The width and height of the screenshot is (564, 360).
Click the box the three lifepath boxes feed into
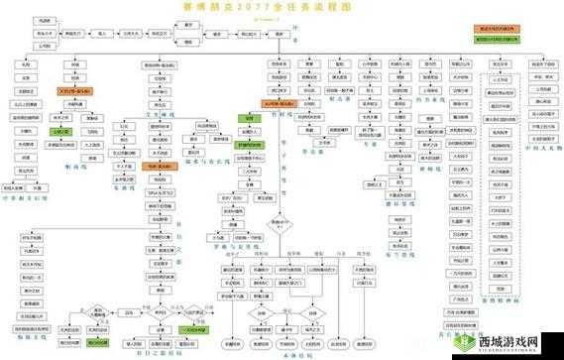tap(73, 33)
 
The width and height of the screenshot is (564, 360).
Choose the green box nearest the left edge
tap(60, 130)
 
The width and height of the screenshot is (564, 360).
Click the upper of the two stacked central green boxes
tap(249, 118)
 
